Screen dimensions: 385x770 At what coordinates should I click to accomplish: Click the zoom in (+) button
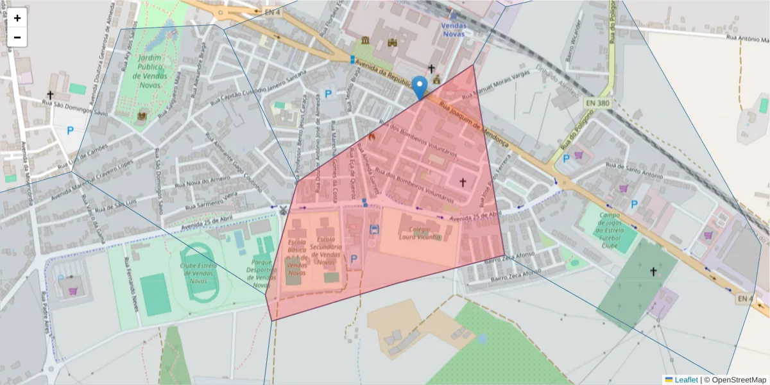coord(17,18)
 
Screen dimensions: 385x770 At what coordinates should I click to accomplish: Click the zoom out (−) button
coord(17,37)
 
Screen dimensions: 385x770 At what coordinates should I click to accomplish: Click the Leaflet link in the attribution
coord(685,380)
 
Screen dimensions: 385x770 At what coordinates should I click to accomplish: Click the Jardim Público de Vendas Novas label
coord(150,71)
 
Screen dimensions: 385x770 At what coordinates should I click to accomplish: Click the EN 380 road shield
coord(598,103)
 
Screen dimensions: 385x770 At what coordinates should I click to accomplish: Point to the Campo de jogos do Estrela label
coord(609,230)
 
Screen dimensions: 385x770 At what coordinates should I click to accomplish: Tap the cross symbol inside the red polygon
coord(462,183)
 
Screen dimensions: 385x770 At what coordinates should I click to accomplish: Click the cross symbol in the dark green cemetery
coord(653,271)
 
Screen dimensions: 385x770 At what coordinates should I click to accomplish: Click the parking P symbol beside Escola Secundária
coord(354,259)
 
